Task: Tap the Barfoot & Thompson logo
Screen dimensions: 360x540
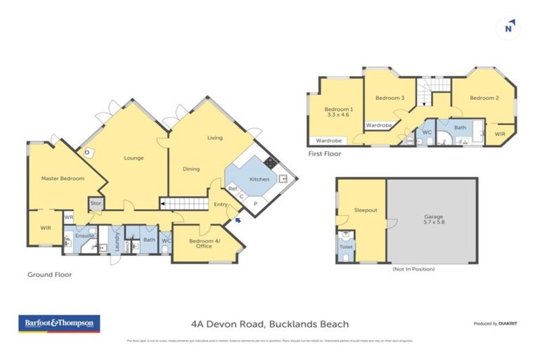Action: pyautogui.click(x=58, y=323)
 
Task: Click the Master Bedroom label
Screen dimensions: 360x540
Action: pyautogui.click(x=63, y=179)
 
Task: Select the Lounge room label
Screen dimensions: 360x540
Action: pyautogui.click(x=134, y=158)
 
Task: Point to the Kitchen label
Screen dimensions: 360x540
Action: pyautogui.click(x=259, y=179)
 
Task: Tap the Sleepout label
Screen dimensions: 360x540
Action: pyautogui.click(x=366, y=210)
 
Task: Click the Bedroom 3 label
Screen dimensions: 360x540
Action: pyautogui.click(x=389, y=98)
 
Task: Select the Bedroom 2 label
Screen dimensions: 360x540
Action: pyautogui.click(x=484, y=98)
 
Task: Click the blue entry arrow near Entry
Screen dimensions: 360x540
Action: pyautogui.click(x=237, y=220)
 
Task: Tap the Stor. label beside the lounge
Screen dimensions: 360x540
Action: pyautogui.click(x=96, y=204)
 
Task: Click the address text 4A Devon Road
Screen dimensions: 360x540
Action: pyautogui.click(x=269, y=324)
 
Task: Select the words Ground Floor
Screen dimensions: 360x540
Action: pyautogui.click(x=49, y=274)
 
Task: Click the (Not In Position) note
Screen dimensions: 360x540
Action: pyautogui.click(x=413, y=269)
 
